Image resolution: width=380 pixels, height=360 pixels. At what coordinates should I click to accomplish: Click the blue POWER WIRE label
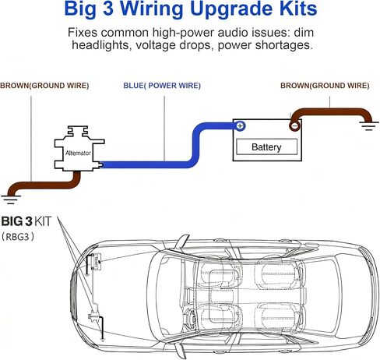[x=162, y=86]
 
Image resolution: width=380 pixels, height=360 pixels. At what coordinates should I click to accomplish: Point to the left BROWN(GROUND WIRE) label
[x=44, y=86]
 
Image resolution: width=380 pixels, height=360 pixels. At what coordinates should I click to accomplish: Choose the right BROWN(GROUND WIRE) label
[x=325, y=86]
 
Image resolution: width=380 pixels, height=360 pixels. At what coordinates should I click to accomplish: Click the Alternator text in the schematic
[x=78, y=153]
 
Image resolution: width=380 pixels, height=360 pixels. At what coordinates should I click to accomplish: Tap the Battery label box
[x=266, y=147]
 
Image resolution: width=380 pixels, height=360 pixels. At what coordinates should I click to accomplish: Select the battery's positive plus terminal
[x=241, y=126]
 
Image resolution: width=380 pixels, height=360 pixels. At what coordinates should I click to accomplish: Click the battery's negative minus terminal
[x=294, y=126]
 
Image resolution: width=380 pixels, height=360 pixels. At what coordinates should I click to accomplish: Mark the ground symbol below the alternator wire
[x=11, y=199]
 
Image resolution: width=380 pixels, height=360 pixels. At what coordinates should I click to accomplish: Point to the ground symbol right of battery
[x=369, y=125]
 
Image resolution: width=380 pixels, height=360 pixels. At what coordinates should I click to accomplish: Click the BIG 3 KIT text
[x=26, y=221]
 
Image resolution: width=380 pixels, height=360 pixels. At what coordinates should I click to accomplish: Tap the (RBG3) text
[x=18, y=237]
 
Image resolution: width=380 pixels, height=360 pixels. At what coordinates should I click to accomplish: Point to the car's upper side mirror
[x=183, y=242]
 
